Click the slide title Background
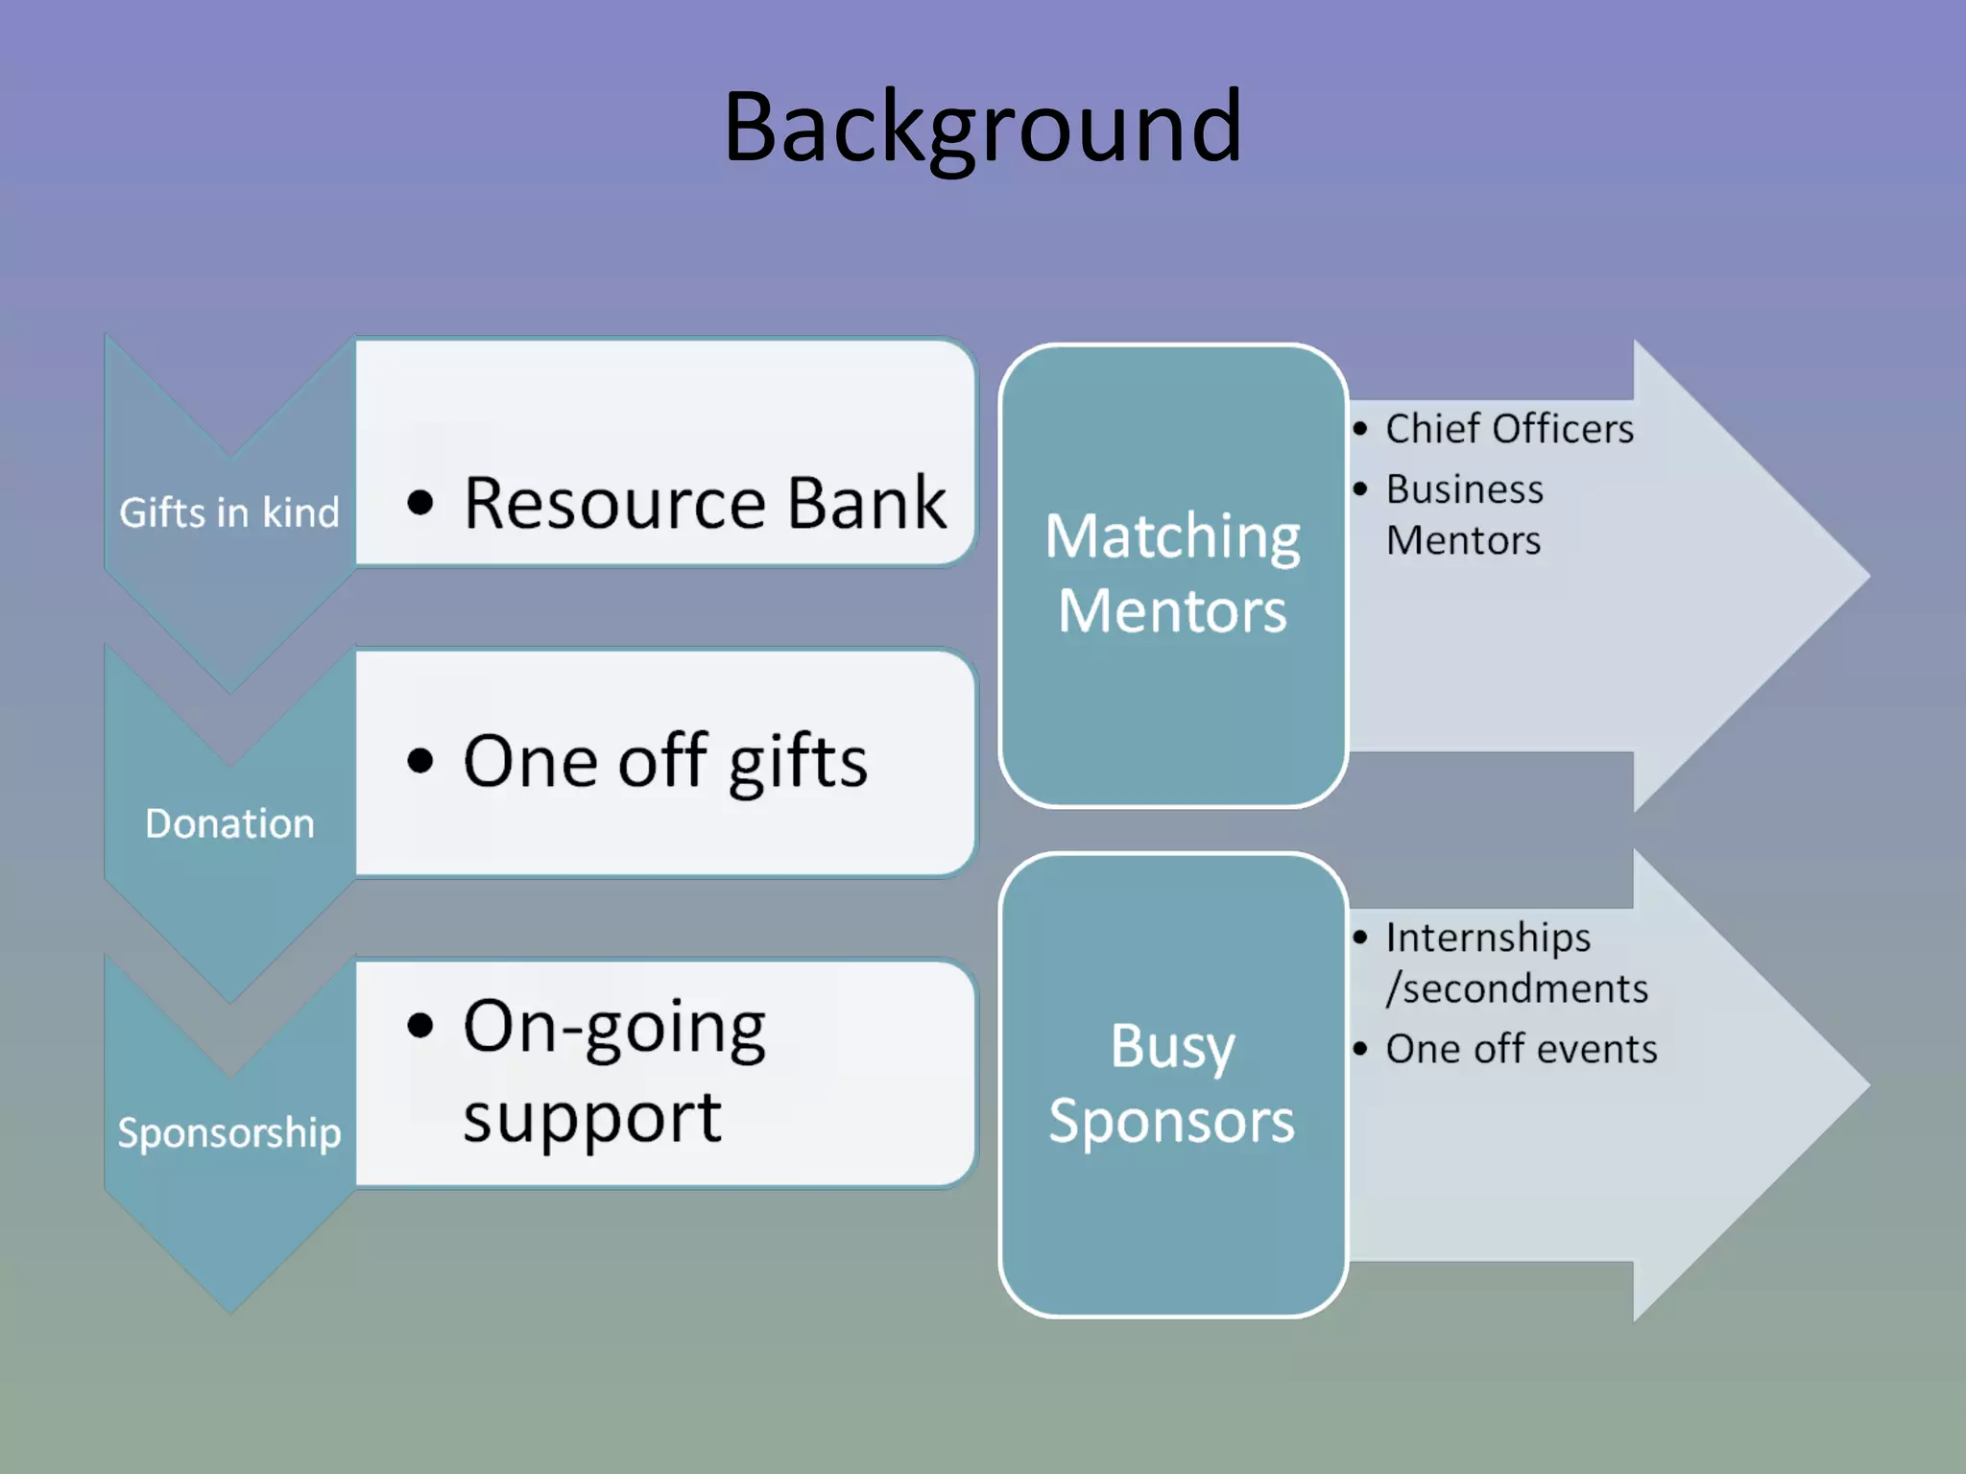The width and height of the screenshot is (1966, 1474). [x=982, y=128]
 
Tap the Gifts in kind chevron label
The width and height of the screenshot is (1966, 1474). [x=228, y=512]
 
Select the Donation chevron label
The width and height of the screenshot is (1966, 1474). [x=229, y=823]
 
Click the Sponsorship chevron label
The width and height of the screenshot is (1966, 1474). [x=228, y=1132]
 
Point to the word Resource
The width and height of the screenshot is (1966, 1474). [x=614, y=503]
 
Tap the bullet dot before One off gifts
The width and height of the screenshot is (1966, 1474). [x=420, y=761]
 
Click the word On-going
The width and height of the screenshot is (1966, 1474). [x=614, y=1028]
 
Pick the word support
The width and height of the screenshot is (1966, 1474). [x=591, y=1119]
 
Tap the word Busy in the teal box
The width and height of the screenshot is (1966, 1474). [x=1172, y=1046]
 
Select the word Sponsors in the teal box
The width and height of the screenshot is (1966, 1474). [x=1172, y=1121]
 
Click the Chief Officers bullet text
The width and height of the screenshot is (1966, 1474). [x=1508, y=429]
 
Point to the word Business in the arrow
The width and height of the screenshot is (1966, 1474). [x=1464, y=489]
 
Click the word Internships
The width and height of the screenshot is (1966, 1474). [x=1487, y=938]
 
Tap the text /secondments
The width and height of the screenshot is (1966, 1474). [x=1516, y=988]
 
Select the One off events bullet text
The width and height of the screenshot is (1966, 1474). [x=1521, y=1049]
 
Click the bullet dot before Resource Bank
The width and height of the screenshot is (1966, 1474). [x=420, y=502]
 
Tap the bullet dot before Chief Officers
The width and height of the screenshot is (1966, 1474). [x=1359, y=429]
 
